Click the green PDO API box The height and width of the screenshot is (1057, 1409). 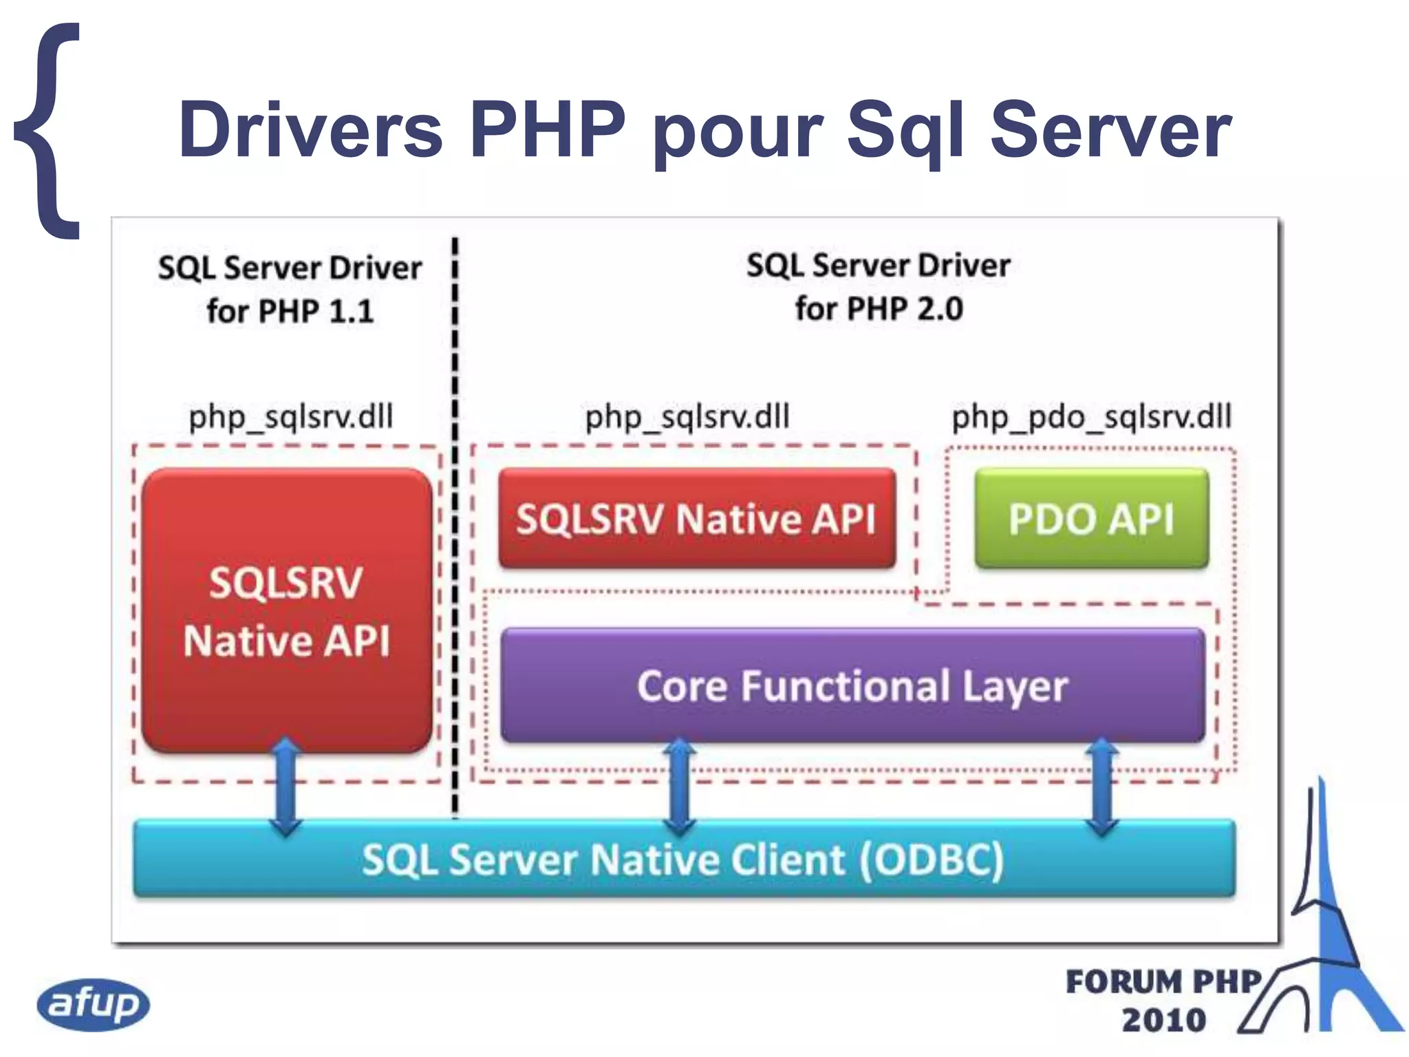(1091, 518)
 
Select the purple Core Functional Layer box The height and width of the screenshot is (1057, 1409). (852, 685)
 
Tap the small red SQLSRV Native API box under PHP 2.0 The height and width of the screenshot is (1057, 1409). (696, 518)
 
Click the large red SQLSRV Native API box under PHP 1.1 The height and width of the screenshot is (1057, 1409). (286, 611)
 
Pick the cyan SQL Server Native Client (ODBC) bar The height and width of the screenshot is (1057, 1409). (684, 859)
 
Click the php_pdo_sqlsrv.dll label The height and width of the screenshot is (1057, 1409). (1091, 417)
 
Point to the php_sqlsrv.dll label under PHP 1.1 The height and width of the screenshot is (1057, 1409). (290, 417)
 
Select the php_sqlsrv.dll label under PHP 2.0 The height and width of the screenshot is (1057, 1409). (687, 417)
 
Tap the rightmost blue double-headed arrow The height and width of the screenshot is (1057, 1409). (1102, 787)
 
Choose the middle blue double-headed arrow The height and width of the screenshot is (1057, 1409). (680, 787)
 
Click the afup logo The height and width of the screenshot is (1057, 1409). (93, 1004)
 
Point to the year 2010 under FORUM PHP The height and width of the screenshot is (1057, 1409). (1163, 1020)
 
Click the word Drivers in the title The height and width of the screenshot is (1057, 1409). (310, 129)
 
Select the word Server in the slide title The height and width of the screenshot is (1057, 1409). (1109, 129)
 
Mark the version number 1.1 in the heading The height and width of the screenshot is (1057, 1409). (351, 312)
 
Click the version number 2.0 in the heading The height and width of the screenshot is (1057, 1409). (940, 309)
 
